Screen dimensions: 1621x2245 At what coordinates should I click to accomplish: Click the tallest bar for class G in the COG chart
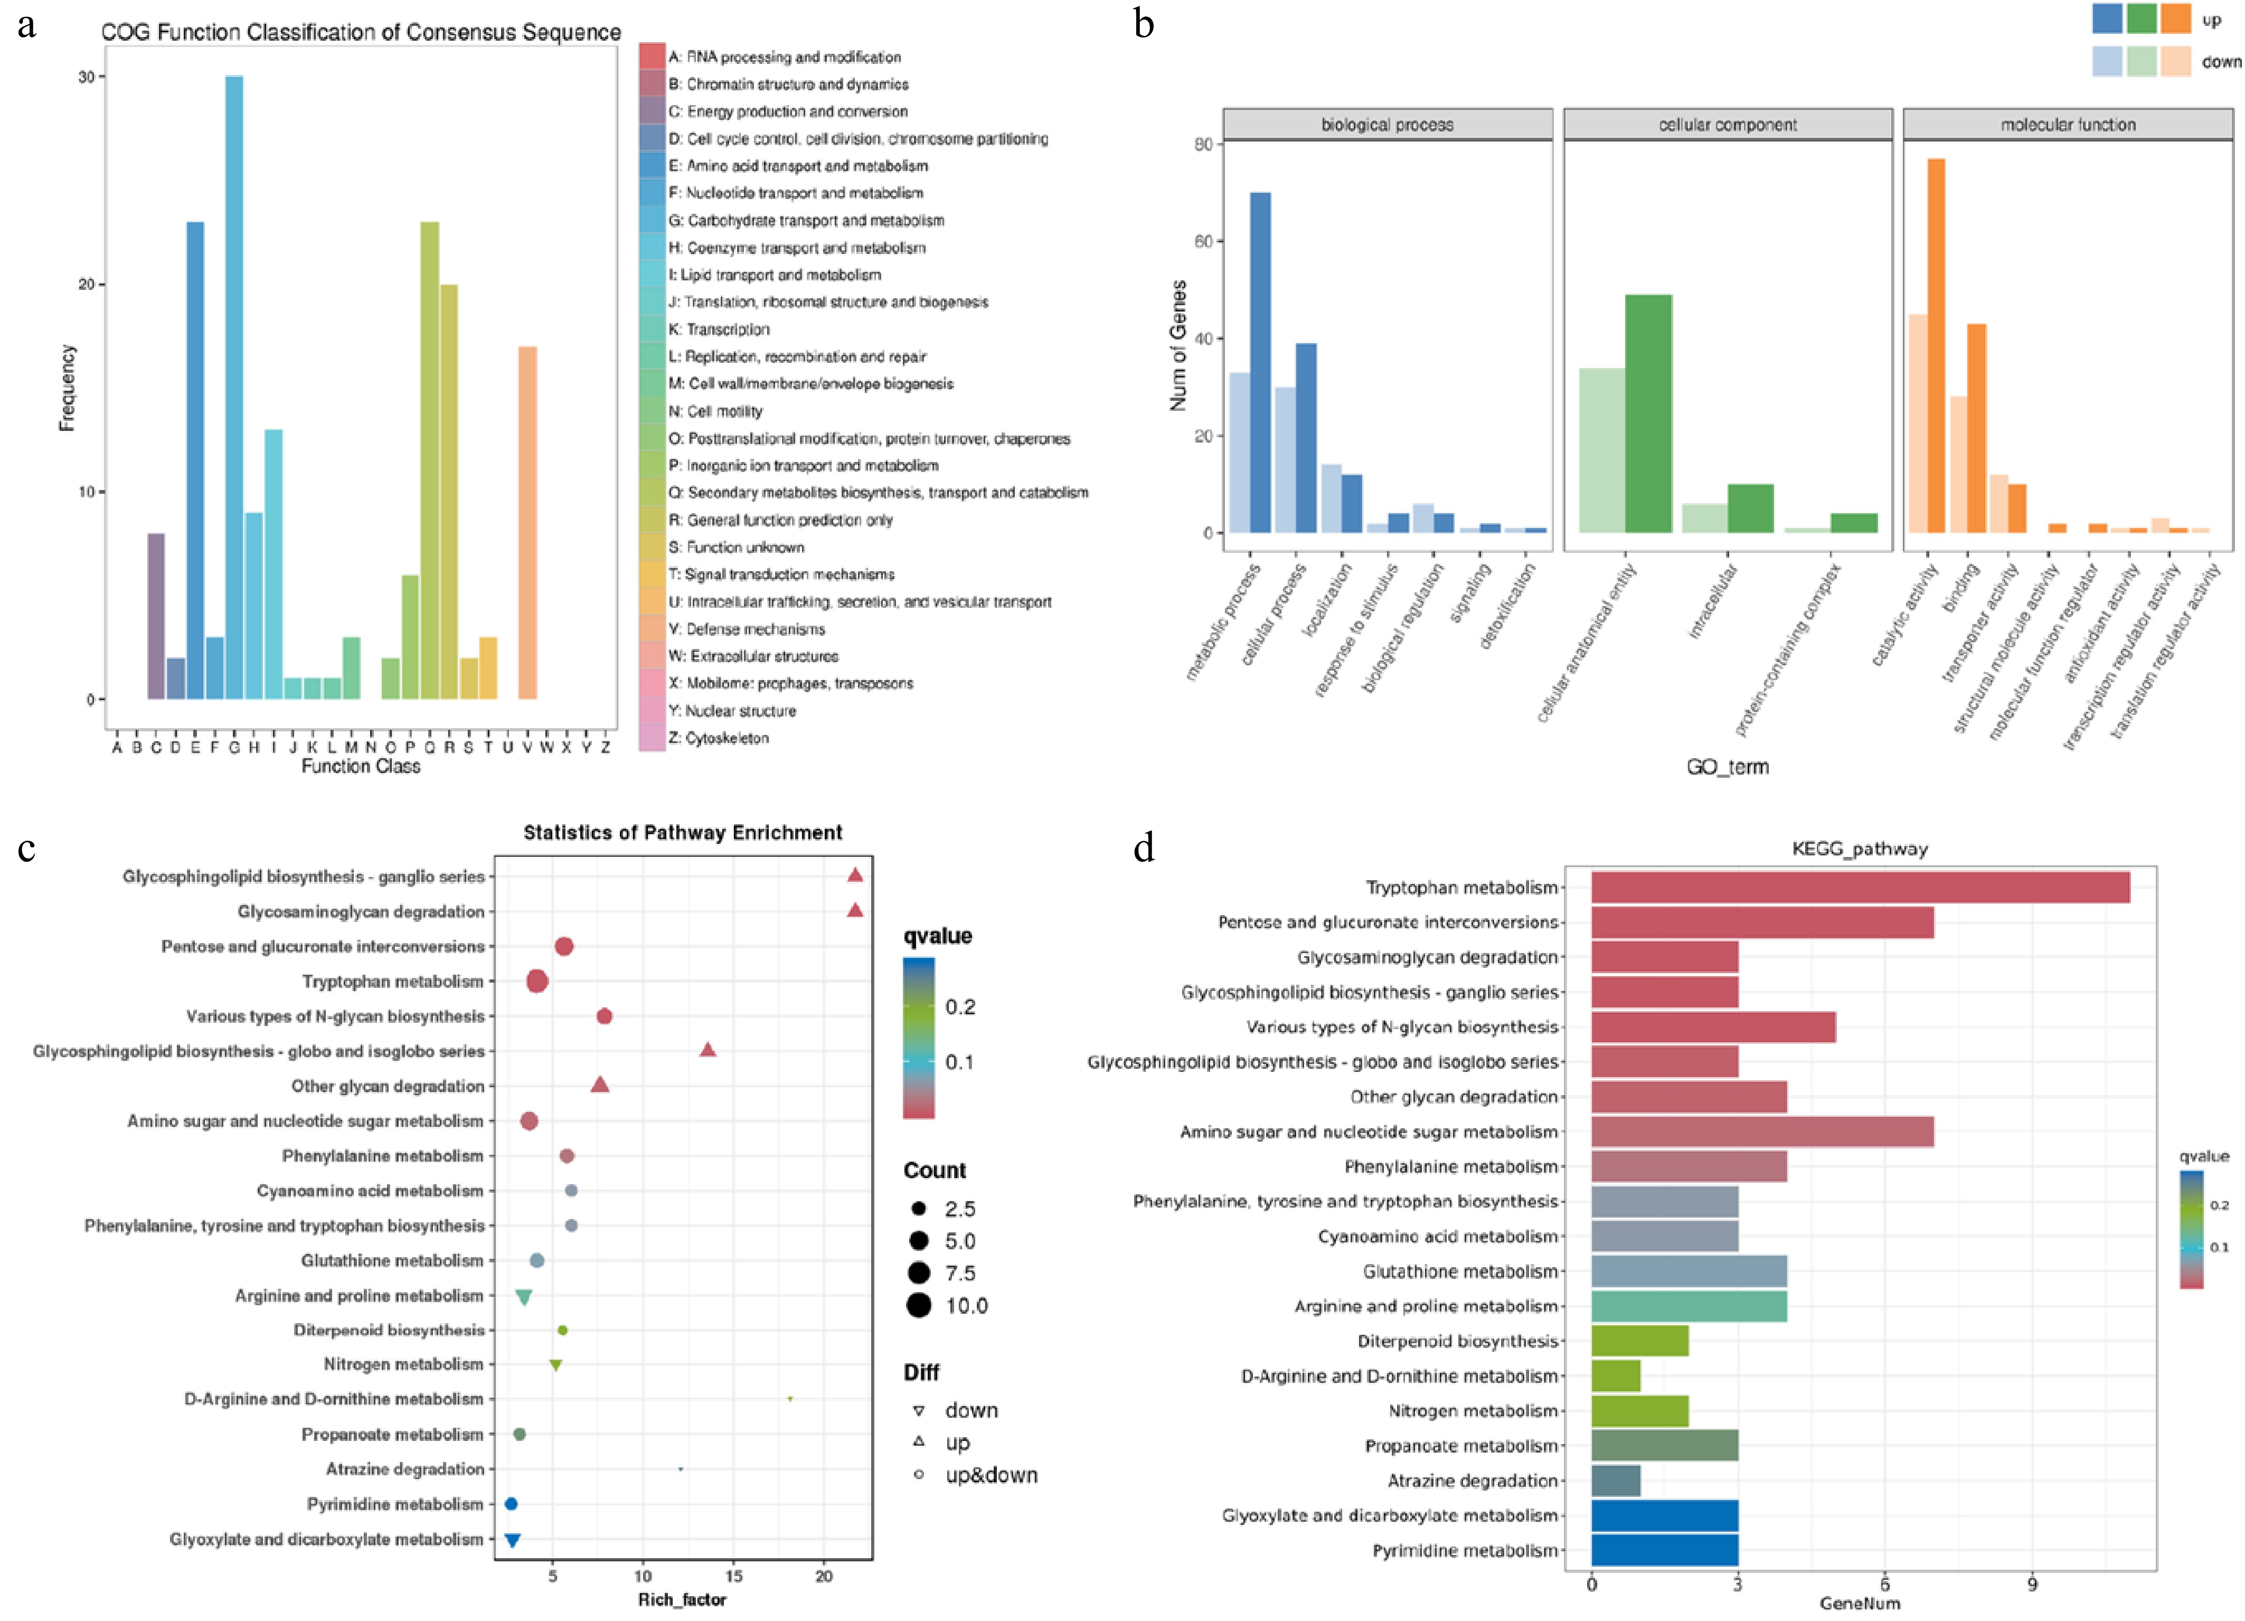[x=233, y=386]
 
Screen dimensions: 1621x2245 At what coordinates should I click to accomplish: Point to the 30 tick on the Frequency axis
[x=87, y=77]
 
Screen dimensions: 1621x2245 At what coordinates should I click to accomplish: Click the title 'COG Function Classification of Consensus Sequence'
[x=360, y=32]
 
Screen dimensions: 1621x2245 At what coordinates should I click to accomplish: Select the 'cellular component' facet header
[x=1727, y=125]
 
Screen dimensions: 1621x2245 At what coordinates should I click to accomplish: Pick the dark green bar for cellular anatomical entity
[x=1648, y=413]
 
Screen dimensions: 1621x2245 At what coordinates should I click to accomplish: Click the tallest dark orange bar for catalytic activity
[x=1935, y=346]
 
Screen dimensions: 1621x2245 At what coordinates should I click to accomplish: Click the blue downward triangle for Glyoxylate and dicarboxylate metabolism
[x=512, y=1540]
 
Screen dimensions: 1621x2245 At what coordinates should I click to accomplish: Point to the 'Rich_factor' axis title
[x=682, y=1599]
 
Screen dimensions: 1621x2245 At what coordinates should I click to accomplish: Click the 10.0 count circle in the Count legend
[x=919, y=1305]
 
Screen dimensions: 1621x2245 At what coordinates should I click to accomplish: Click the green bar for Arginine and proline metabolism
[x=1689, y=1306]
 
